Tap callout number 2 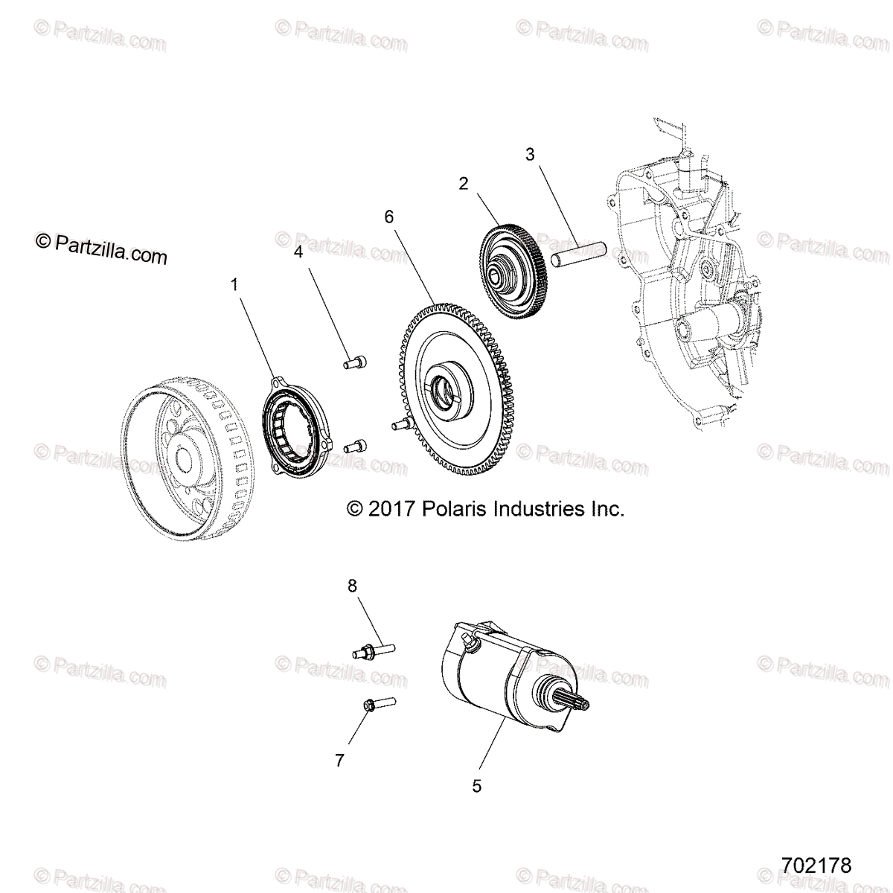463,184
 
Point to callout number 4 298,252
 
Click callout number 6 388,217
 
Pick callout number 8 353,586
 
